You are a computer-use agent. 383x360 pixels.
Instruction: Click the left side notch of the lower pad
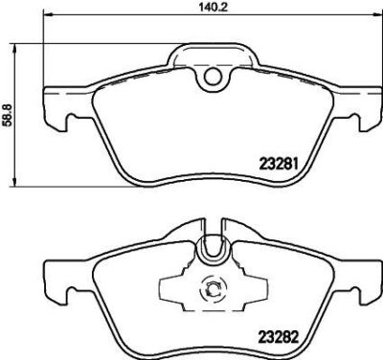[60, 293]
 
